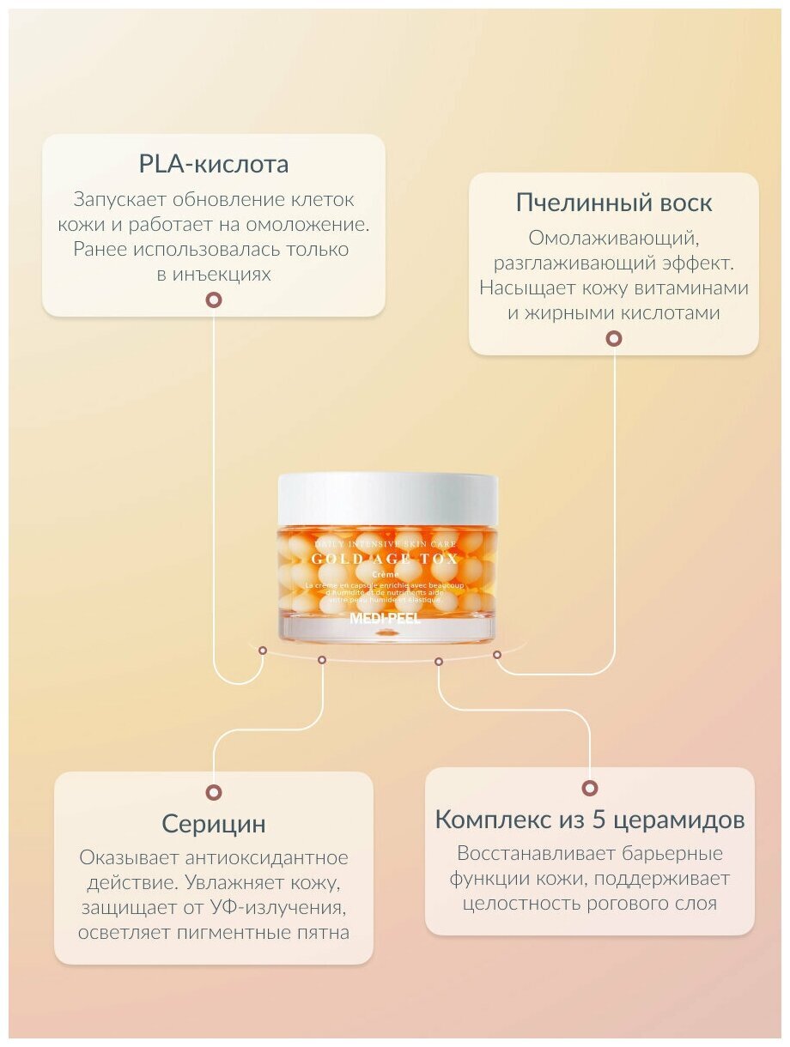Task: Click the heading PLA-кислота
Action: pos(213,164)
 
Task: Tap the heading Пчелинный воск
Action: pos(613,203)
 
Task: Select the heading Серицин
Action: pos(213,824)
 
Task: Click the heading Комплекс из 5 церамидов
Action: pos(589,819)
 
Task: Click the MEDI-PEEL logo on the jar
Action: pos(386,618)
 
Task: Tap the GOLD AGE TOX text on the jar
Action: pos(386,559)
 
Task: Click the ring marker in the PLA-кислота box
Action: pos(213,300)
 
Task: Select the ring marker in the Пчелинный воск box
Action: pos(613,338)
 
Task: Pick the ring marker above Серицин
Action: pos(213,792)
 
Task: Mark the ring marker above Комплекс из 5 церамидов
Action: pos(589,788)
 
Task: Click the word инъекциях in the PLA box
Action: pos(226,275)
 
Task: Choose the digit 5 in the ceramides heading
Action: pos(599,819)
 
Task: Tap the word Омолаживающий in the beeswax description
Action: pos(612,238)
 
